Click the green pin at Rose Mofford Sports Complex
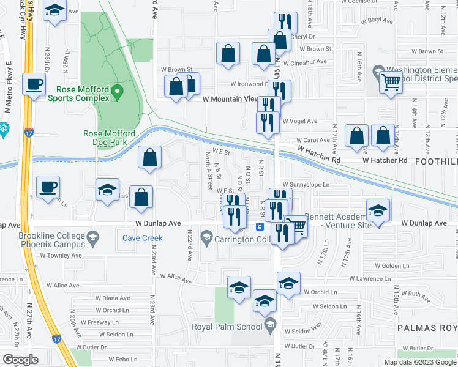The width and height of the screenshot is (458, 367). click(x=118, y=93)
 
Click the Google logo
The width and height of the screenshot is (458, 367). click(x=20, y=360)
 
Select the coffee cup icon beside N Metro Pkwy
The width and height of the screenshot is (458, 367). click(x=34, y=84)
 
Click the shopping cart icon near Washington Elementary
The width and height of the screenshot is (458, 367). click(x=391, y=81)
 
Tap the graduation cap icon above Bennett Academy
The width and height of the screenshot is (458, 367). click(x=378, y=210)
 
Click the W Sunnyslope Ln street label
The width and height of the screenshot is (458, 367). click(x=306, y=183)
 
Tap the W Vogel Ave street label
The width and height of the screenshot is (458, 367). click(x=302, y=122)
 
